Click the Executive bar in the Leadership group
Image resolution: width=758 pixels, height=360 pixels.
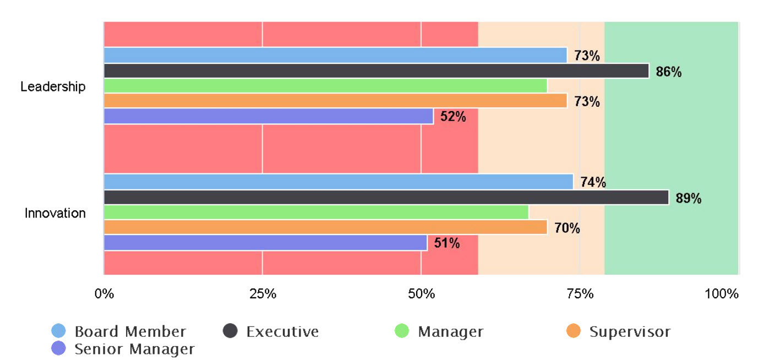pyautogui.click(x=376, y=71)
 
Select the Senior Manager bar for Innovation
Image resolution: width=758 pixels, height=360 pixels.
pyautogui.click(x=265, y=243)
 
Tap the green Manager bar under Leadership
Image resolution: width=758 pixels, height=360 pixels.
pyautogui.click(x=325, y=86)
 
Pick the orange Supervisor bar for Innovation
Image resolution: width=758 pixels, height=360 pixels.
pyautogui.click(x=325, y=227)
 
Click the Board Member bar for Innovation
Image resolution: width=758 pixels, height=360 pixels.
pyautogui.click(x=338, y=182)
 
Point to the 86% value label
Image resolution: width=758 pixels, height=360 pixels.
pyautogui.click(x=668, y=72)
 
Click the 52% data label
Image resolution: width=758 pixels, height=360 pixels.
pyautogui.click(x=453, y=117)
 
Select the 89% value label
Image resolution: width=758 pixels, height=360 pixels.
pyautogui.click(x=688, y=199)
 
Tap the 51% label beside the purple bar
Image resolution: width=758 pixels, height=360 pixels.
pyautogui.click(x=446, y=243)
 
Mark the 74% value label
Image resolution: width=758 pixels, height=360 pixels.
pyautogui.click(x=593, y=183)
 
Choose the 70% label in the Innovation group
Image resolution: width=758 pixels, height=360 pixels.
pyautogui.click(x=567, y=228)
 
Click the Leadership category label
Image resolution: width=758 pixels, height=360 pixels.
pyautogui.click(x=53, y=86)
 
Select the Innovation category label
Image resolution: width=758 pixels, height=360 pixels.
pyautogui.click(x=55, y=213)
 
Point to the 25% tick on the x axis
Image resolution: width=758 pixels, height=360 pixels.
pyautogui.click(x=263, y=294)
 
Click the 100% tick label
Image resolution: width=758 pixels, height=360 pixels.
pyautogui.click(x=721, y=294)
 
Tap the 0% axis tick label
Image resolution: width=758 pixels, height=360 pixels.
pyautogui.click(x=104, y=294)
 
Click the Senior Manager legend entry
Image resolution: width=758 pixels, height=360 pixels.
pyautogui.click(x=134, y=349)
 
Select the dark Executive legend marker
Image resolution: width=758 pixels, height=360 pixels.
pyautogui.click(x=230, y=331)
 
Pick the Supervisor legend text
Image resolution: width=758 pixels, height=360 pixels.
pyautogui.click(x=629, y=332)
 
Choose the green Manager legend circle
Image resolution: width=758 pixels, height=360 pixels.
pyautogui.click(x=402, y=331)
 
